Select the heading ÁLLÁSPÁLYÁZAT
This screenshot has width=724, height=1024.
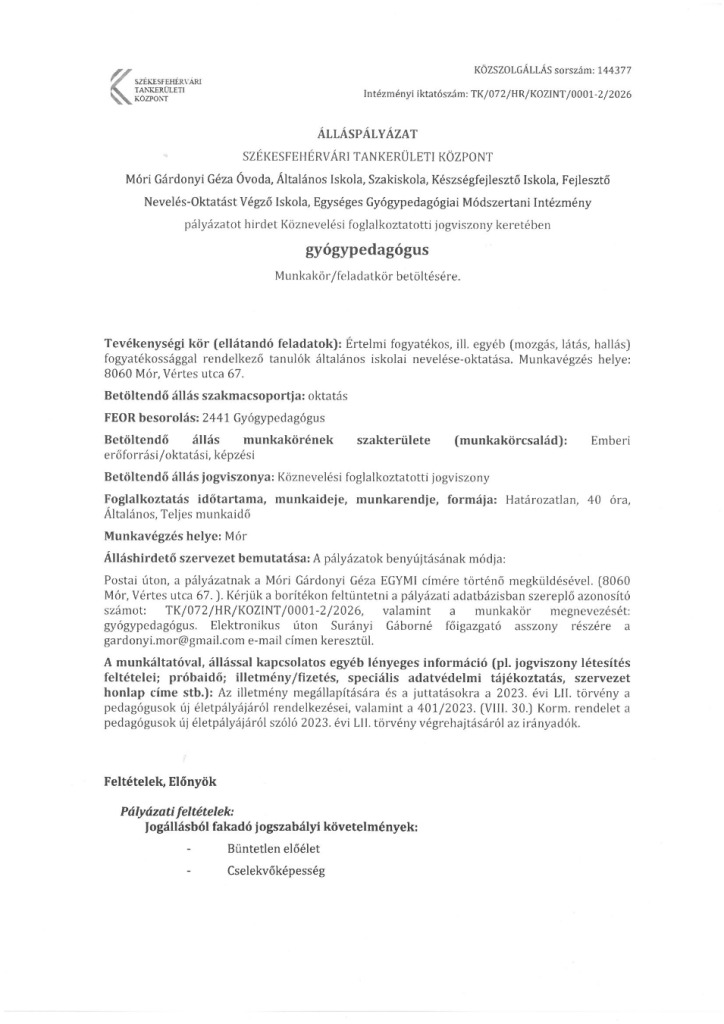point(361,132)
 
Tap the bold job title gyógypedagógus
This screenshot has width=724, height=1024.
point(361,249)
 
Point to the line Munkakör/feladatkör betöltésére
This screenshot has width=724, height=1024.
point(361,275)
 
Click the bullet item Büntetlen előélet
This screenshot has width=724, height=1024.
point(273,849)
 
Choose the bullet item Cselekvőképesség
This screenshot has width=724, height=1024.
point(276,871)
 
